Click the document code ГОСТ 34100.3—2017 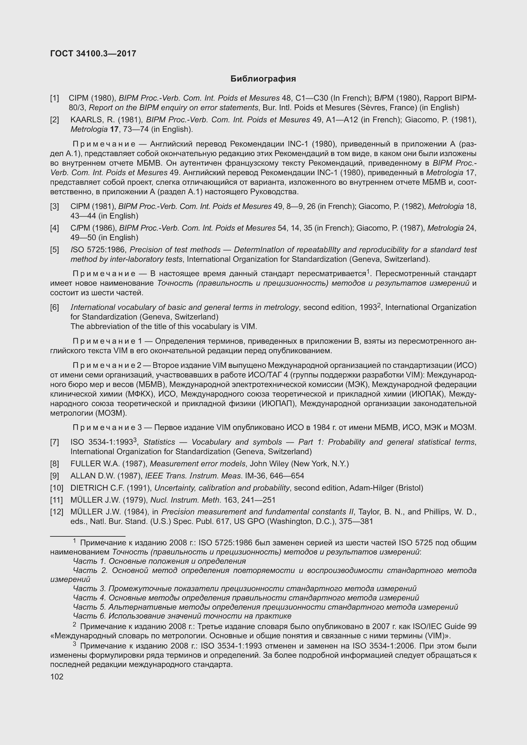(x=93, y=54)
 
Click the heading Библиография (x=263, y=79)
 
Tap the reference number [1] (x=54, y=98)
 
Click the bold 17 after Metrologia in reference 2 (x=114, y=129)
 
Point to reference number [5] (x=54, y=249)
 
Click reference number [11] (x=56, y=500)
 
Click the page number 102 (x=57, y=677)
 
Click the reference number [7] (x=54, y=442)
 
